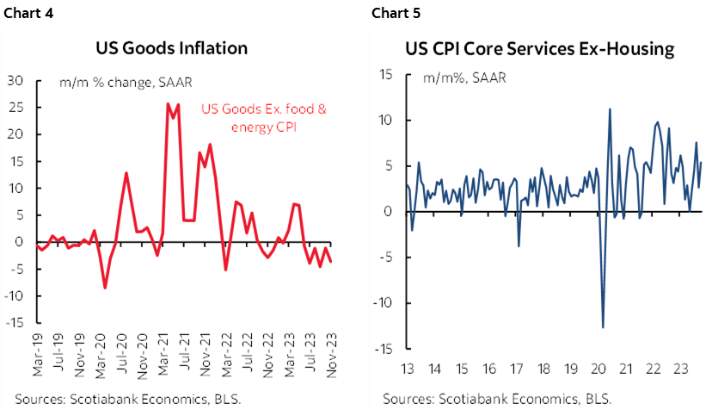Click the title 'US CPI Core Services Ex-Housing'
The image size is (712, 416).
[x=540, y=48]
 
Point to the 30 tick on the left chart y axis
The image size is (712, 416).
[x=15, y=81]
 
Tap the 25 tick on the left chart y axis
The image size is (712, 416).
[x=15, y=108]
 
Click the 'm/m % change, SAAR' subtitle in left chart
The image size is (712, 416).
[x=126, y=84]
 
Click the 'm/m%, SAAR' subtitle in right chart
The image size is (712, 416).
[x=463, y=78]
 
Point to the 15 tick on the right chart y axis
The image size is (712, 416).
[x=385, y=75]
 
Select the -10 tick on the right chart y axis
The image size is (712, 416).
[x=382, y=303]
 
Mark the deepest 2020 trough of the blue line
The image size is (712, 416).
[x=602, y=327]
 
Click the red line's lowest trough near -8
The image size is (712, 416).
[x=105, y=288]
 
